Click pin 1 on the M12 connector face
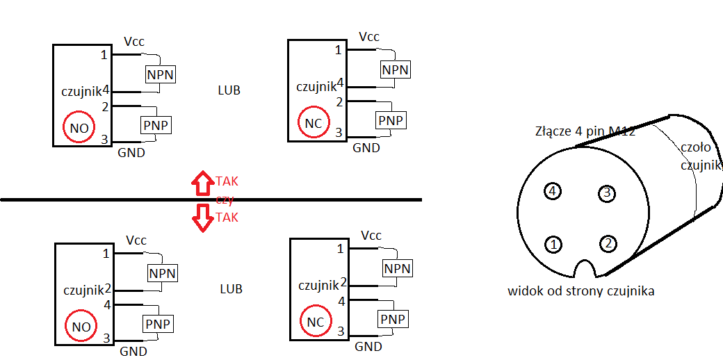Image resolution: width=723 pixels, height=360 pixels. tap(553, 245)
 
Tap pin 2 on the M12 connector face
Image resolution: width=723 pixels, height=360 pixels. tap(609, 243)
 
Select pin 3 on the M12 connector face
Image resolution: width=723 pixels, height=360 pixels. tap(607, 193)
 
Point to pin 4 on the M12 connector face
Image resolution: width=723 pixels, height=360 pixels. tap(553, 190)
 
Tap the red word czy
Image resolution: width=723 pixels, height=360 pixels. tap(226, 199)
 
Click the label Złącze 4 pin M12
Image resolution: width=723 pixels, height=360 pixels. tap(585, 131)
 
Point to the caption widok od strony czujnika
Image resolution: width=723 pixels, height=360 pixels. tap(581, 291)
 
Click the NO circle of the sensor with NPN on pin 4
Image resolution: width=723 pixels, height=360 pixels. tap(79, 127)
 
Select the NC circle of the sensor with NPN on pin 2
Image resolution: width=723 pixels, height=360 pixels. tap(316, 321)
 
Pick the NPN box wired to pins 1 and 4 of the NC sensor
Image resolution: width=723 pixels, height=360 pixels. tap(395, 69)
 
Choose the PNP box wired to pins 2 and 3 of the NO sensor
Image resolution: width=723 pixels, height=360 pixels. tap(156, 124)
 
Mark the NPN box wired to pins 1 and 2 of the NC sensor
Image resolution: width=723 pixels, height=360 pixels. tap(397, 268)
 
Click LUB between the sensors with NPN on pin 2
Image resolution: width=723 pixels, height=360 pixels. tap(231, 289)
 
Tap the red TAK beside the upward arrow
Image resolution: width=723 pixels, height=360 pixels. tap(227, 181)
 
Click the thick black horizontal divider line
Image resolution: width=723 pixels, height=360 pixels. tap(211, 199)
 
